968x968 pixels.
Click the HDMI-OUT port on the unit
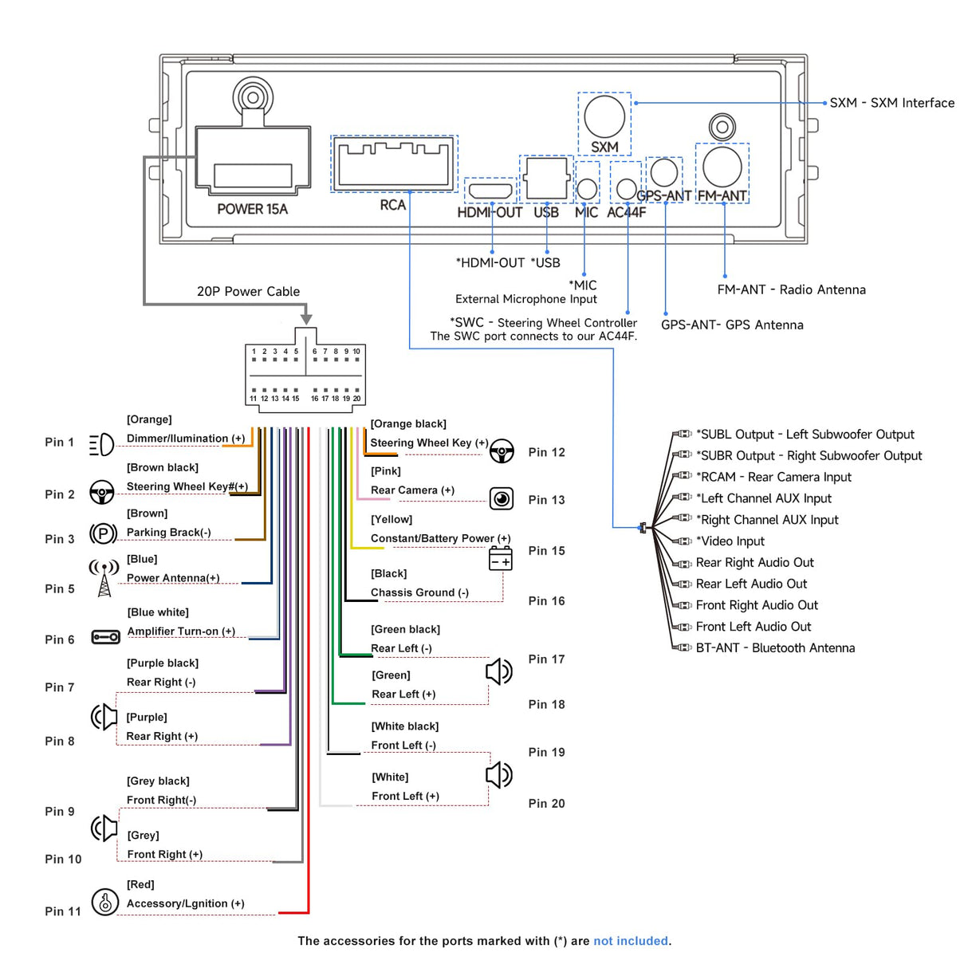[x=490, y=191]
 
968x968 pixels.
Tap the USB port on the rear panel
[x=546, y=179]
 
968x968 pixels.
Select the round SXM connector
[x=604, y=117]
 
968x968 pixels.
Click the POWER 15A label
[x=252, y=209]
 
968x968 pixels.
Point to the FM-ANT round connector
[x=722, y=167]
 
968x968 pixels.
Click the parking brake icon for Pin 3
[x=103, y=533]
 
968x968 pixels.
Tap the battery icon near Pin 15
[x=500, y=559]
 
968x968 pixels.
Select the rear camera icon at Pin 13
[x=502, y=499]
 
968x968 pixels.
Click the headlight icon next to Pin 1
[x=101, y=445]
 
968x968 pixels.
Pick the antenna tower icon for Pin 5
[x=104, y=578]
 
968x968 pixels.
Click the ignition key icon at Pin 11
[x=105, y=902]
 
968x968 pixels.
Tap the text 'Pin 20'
[x=546, y=804]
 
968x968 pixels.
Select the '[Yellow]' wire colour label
[x=392, y=519]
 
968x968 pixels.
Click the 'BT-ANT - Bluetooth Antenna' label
[x=775, y=648]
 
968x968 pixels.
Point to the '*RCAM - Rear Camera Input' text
[x=773, y=477]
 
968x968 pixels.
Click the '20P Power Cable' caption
[x=248, y=291]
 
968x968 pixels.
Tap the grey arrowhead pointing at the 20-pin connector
[x=306, y=319]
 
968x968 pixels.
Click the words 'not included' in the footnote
[x=631, y=941]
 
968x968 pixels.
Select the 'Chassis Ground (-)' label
[x=420, y=592]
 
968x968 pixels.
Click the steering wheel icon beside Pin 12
[x=502, y=451]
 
